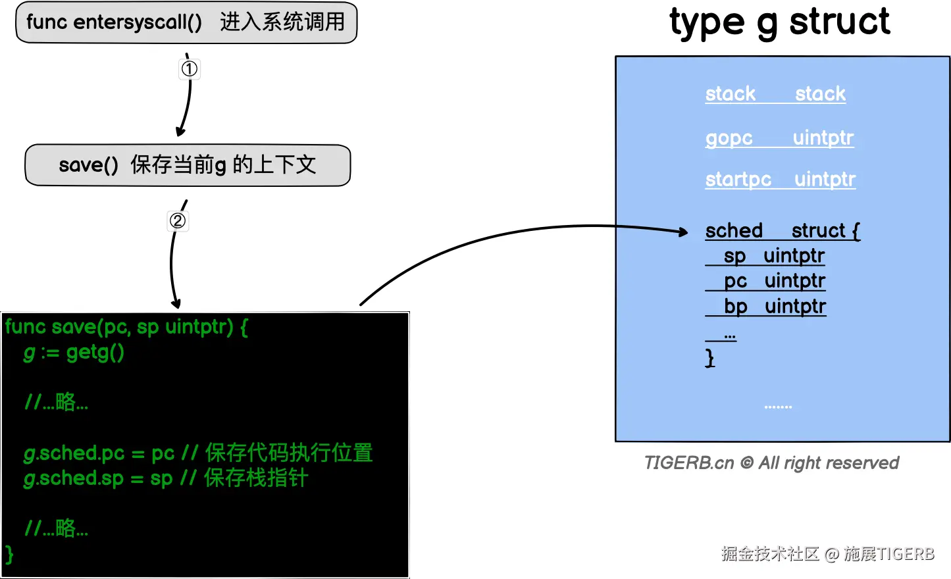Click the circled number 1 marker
[x=190, y=69]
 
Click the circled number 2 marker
[x=178, y=220]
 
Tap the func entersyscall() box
[x=186, y=22]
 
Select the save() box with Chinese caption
[x=188, y=165]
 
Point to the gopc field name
[x=729, y=138]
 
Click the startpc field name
[x=738, y=180]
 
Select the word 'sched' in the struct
[x=734, y=231]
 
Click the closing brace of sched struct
[x=709, y=358]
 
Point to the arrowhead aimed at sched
[x=683, y=232]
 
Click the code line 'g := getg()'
[x=74, y=353]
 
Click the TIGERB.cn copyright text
[x=771, y=463]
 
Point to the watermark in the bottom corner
[x=827, y=554]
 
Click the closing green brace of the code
[x=9, y=554]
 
